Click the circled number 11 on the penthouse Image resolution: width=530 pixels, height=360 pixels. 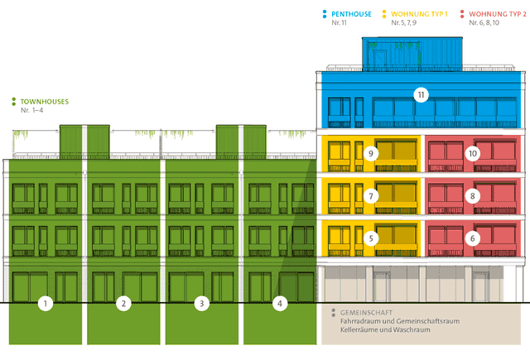(421, 95)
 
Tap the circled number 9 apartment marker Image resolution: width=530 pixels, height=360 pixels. (371, 154)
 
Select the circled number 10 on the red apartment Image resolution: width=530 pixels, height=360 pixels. (473, 154)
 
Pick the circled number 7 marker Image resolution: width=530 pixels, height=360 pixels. (371, 196)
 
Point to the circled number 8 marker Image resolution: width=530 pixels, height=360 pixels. (473, 196)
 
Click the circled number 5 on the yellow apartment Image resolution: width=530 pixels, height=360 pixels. (371, 238)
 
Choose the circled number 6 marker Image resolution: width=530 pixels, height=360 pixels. (473, 238)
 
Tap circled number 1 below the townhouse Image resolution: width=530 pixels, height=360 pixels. (46, 303)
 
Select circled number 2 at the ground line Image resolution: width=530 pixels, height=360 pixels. (123, 303)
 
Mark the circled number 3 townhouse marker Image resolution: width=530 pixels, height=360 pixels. (202, 303)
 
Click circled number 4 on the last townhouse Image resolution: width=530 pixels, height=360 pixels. (280, 303)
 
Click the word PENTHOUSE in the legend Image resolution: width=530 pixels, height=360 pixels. (351, 14)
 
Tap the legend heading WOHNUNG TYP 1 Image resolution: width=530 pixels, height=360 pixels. (419, 14)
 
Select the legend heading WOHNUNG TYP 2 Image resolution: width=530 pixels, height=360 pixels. (498, 14)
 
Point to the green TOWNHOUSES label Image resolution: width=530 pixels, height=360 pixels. (45, 102)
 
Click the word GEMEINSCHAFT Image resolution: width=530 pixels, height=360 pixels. (362, 313)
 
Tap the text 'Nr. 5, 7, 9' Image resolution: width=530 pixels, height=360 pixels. (403, 22)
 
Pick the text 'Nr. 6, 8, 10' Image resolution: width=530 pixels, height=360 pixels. (484, 22)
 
